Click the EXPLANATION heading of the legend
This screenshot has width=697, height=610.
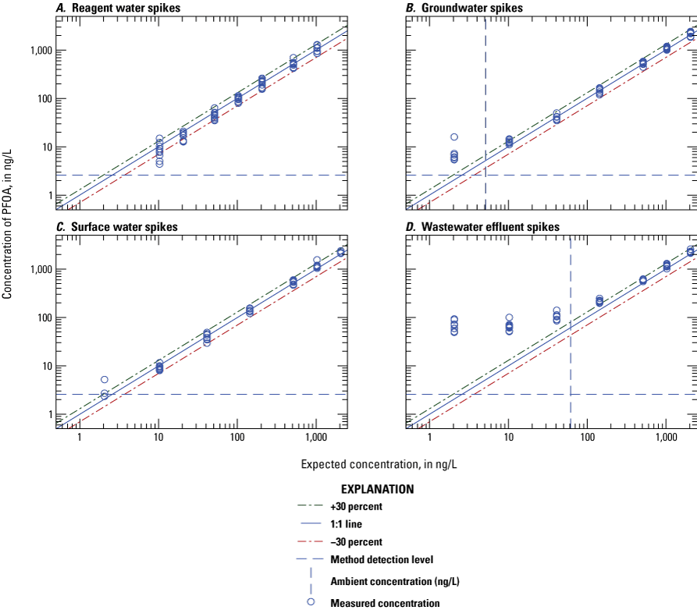pos(377,489)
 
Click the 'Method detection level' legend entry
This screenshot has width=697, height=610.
pos(381,559)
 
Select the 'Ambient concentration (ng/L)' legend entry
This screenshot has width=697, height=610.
pos(394,580)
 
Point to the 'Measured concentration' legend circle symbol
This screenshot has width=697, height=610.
pos(310,601)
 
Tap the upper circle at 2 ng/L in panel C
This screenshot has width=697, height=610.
pos(105,380)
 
